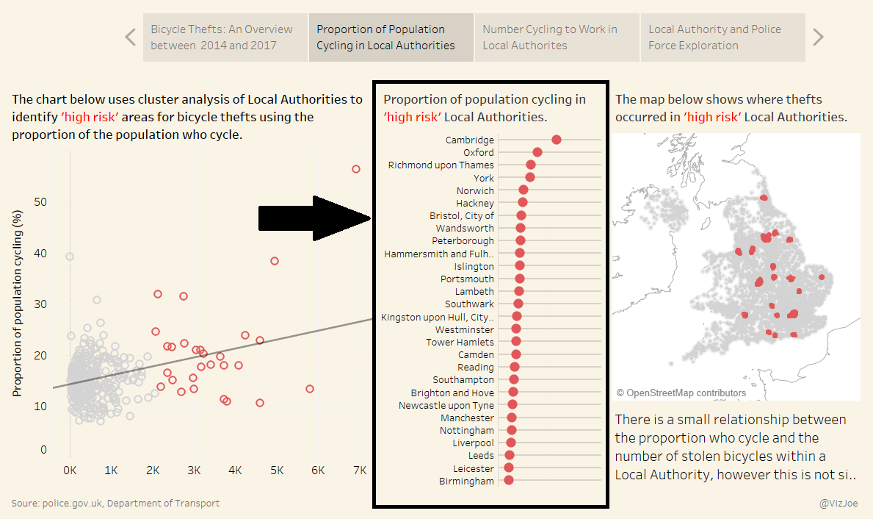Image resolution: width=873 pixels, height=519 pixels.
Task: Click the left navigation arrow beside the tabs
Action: point(131,37)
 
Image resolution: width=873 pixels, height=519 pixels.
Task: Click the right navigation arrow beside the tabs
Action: point(818,37)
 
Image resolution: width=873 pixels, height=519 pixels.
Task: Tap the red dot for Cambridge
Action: point(557,140)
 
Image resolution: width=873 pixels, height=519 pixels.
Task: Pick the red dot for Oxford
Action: point(537,152)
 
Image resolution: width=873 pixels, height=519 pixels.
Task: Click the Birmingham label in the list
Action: point(466,482)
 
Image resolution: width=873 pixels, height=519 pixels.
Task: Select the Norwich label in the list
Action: point(475,190)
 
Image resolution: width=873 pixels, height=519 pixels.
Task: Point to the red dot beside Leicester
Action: point(509,468)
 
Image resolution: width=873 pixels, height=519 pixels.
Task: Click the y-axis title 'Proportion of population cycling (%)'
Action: point(18,303)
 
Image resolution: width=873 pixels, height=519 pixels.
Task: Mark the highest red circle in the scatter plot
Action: point(356,169)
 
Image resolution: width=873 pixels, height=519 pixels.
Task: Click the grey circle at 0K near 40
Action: point(70,257)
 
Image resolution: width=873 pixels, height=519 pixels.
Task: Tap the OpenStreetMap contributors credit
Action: point(681,393)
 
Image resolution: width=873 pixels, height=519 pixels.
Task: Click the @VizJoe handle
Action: point(838,504)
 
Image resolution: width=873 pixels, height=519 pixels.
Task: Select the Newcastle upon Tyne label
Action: point(446,405)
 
